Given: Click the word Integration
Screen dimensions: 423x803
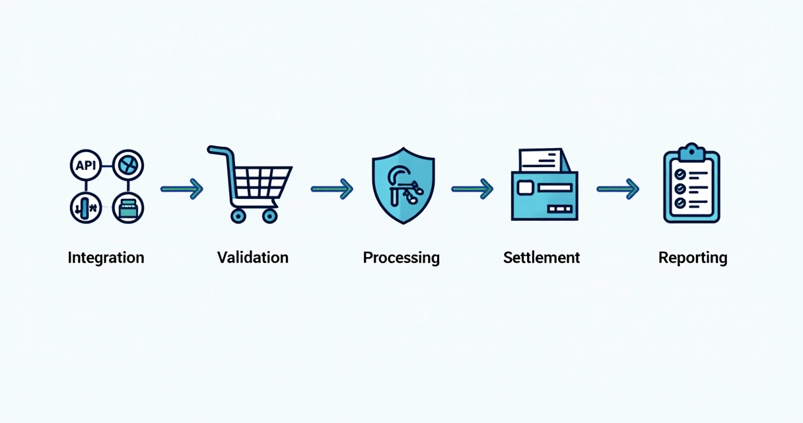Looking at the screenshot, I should (x=106, y=258).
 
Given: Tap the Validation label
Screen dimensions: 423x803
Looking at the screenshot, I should (x=253, y=258).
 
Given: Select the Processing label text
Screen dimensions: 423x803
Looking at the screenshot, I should (x=401, y=258).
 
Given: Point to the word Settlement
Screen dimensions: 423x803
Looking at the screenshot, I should (x=541, y=258).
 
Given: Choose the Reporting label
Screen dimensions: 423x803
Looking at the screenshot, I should (x=693, y=258).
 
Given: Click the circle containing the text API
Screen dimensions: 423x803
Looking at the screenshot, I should (x=86, y=166).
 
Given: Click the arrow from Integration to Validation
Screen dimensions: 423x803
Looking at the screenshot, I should (x=182, y=189).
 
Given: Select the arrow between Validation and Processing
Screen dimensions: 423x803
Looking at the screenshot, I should (x=332, y=189).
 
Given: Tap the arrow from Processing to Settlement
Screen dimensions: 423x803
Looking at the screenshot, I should (x=473, y=189).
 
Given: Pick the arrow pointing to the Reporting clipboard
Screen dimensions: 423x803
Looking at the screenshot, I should (x=618, y=189).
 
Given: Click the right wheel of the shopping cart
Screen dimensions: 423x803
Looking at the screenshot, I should (x=269, y=215).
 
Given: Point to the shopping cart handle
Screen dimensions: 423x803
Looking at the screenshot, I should (x=218, y=151).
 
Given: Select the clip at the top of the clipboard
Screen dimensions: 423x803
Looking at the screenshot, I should (x=691, y=151).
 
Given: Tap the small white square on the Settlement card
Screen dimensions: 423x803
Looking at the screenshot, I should (x=526, y=188).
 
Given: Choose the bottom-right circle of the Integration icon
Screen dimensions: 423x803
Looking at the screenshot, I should (x=127, y=208).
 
